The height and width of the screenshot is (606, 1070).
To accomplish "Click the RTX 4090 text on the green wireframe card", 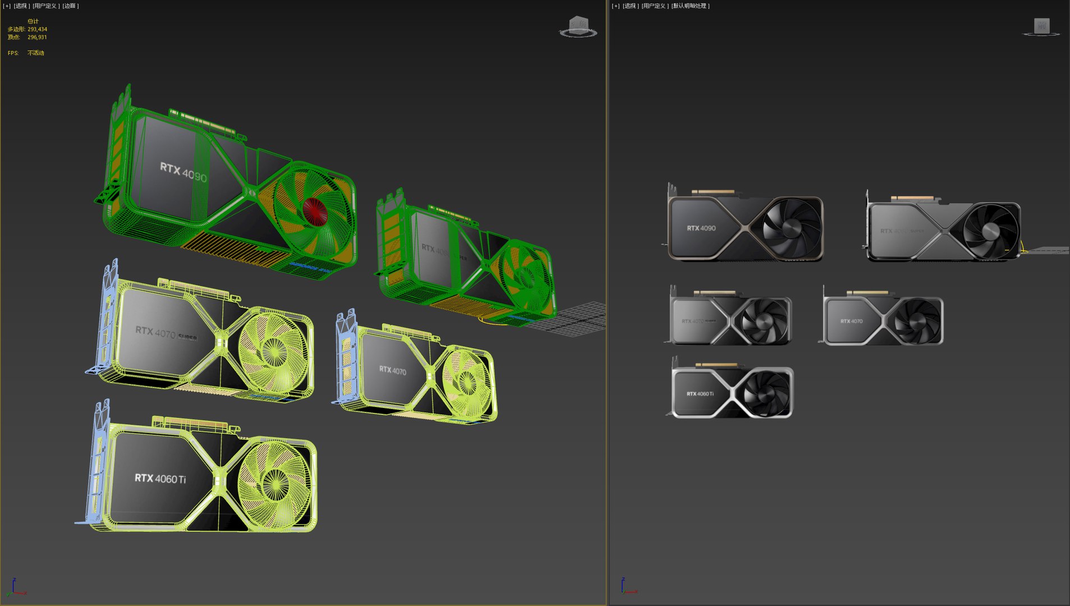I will click(x=183, y=172).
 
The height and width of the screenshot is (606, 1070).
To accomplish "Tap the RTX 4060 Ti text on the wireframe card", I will click(x=160, y=479).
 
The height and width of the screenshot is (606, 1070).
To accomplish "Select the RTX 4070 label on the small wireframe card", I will click(x=392, y=370).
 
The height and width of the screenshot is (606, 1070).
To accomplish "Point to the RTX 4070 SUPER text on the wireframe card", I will click(x=166, y=333).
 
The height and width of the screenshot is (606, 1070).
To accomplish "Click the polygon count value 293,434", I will click(x=37, y=29).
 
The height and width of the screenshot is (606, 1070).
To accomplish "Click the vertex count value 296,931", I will click(x=37, y=37).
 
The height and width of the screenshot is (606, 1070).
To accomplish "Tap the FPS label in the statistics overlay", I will click(x=13, y=53).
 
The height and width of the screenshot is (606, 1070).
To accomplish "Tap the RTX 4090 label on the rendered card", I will click(x=701, y=228).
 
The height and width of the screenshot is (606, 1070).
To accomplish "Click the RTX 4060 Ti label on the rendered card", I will click(x=700, y=394).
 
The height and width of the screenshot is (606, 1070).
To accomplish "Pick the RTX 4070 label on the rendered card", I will click(x=851, y=322).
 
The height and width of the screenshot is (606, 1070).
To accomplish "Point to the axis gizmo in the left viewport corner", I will click(x=16, y=588).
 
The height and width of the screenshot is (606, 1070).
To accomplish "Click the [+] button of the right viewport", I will click(x=616, y=6).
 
